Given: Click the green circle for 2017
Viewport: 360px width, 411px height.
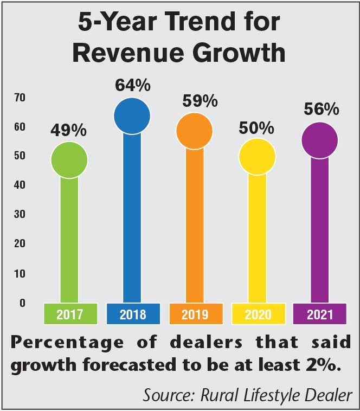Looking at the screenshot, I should pos(69,160).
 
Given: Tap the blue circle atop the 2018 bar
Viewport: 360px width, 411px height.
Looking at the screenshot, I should pos(132,115).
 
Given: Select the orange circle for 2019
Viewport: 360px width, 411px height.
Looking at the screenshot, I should pos(195,131).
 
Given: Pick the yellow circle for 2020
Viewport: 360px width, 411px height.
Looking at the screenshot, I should pos(258,156).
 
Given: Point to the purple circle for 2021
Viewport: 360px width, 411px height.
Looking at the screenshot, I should pos(320,140).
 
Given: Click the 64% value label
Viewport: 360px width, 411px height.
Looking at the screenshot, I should pos(132,85).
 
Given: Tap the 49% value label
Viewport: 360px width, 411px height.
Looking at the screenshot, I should pos(68,130).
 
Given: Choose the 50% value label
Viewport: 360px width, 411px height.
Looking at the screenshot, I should pos(258,128).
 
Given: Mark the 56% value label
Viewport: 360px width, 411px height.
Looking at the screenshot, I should pos(321,110).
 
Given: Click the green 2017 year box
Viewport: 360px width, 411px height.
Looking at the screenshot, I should pos(70,314).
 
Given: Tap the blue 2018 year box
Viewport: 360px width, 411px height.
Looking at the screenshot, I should pos(133,314).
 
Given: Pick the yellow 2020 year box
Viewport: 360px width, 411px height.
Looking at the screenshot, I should pos(258,314).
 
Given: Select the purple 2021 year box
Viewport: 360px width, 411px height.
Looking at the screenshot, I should pos(320,314).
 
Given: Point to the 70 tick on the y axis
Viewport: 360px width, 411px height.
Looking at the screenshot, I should pos(21,98).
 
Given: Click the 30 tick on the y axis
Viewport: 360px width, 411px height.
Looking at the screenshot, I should pos(21,214).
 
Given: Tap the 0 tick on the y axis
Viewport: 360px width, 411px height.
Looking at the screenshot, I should pos(23,303).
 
